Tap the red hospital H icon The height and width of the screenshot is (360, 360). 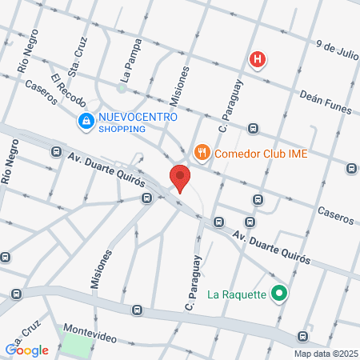(258, 59)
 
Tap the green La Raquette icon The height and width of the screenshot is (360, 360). (278, 294)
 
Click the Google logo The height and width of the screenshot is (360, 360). (27, 350)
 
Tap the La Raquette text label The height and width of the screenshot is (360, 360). (237, 294)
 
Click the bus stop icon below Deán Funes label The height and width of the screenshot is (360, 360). (254, 127)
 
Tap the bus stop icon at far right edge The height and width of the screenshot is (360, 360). (351, 168)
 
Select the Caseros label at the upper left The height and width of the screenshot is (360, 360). (40, 92)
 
